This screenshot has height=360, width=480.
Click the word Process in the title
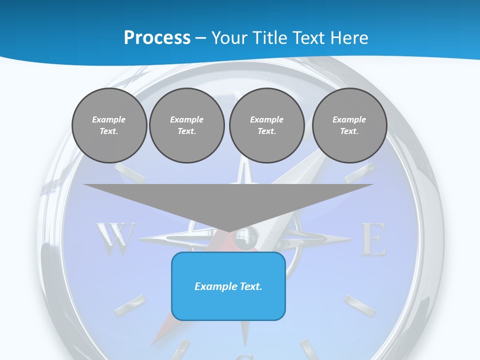(157, 37)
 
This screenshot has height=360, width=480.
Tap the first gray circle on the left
(109, 125)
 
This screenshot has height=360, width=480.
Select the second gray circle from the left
(186, 125)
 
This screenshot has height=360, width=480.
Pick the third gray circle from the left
(266, 125)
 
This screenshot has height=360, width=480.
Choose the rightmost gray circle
(349, 125)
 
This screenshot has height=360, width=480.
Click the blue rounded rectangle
(228, 286)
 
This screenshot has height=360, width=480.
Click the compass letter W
(115, 238)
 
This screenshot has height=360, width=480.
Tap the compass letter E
(373, 240)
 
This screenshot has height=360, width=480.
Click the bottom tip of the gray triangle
(229, 231)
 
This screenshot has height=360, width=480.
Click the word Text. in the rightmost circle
(349, 131)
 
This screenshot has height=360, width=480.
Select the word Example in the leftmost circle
(109, 119)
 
